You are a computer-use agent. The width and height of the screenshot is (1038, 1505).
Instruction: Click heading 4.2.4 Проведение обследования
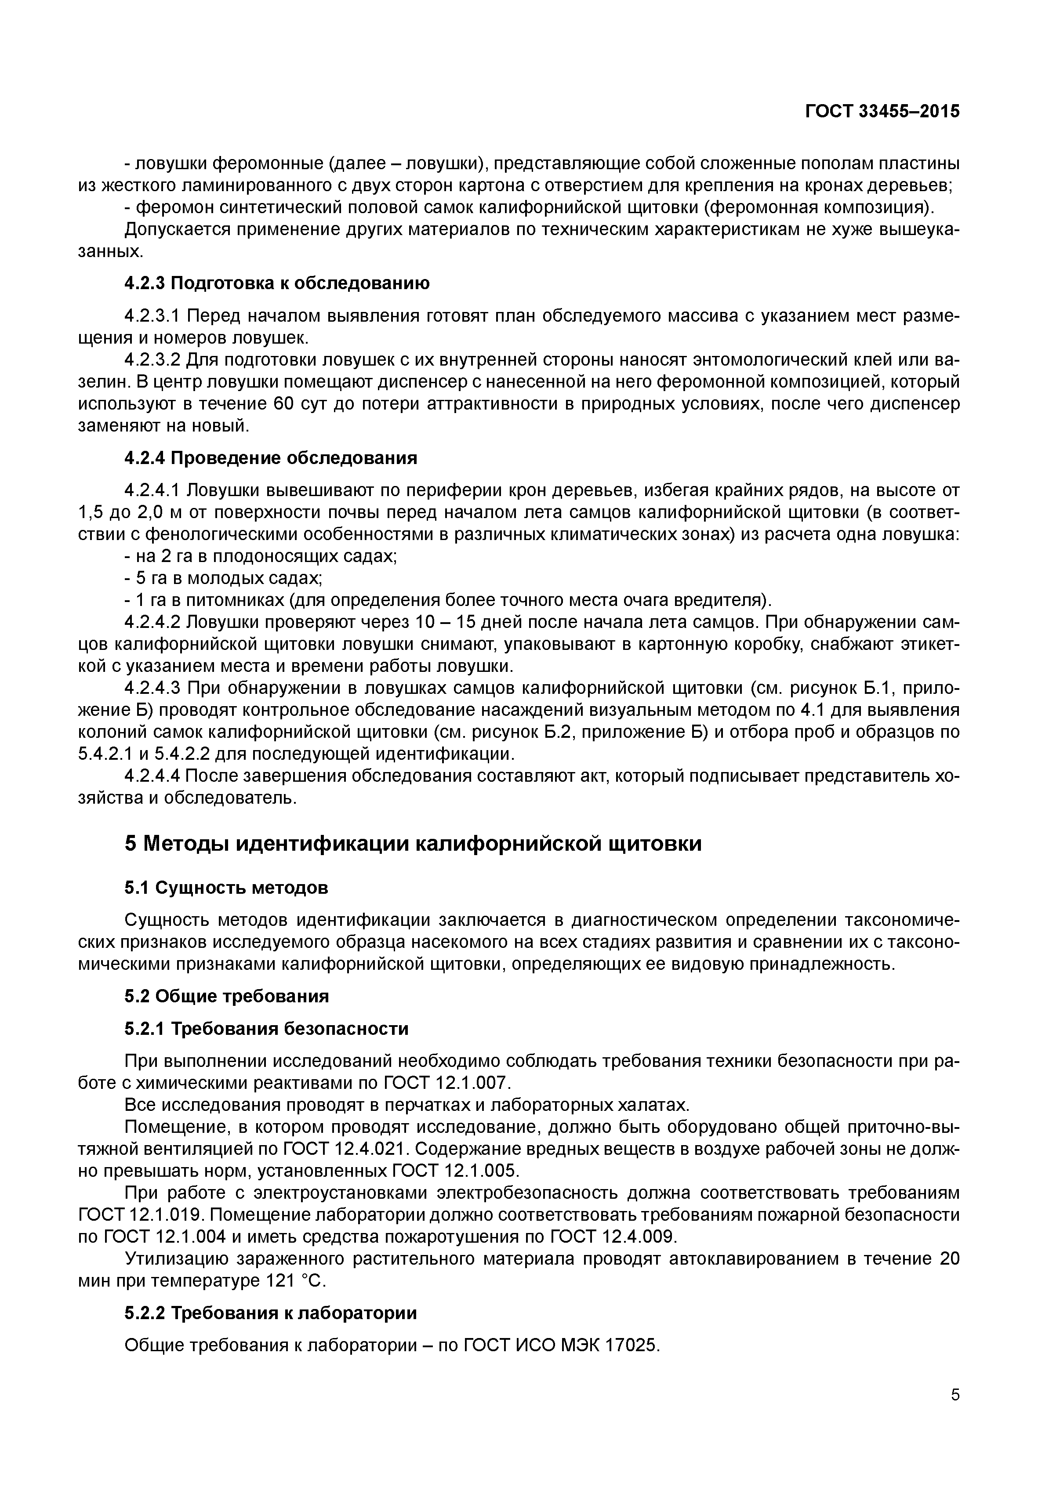271,458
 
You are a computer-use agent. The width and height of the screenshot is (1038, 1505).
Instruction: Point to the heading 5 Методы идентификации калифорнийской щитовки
413,844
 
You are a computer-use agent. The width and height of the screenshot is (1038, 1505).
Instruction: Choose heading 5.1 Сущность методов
226,887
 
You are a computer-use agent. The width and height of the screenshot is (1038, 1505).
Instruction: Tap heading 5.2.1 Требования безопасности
266,1029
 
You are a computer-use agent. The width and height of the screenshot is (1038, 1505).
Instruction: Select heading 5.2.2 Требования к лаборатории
271,1313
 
